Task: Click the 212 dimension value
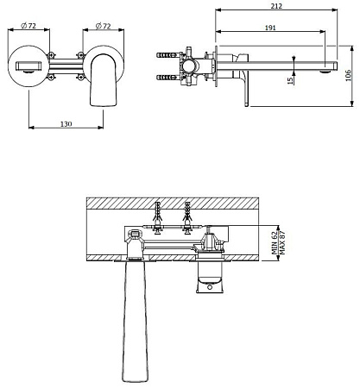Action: click(x=276, y=6)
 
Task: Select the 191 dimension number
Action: click(x=270, y=28)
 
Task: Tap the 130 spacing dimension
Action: click(x=66, y=124)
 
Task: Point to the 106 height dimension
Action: click(x=348, y=75)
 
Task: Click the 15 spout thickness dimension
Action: click(x=290, y=79)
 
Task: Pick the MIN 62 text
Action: click(x=275, y=243)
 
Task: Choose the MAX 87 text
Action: click(x=282, y=243)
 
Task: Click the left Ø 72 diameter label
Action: click(x=28, y=26)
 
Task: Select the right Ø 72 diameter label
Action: click(x=103, y=26)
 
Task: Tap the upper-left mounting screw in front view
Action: click(x=51, y=54)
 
